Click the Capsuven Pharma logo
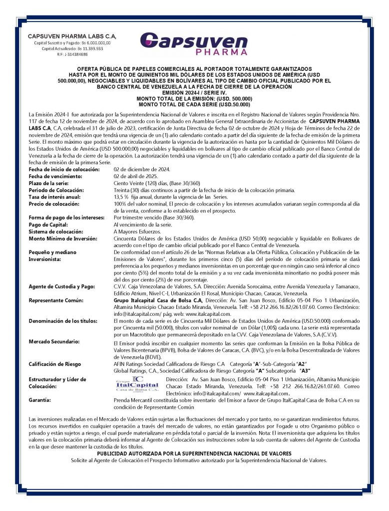pos(194,43)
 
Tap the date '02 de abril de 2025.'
pos(136,176)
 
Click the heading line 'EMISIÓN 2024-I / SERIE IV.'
pos(194,93)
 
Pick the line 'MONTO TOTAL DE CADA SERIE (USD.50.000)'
pos(194,104)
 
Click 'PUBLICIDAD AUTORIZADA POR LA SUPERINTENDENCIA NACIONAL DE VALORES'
pos(194,454)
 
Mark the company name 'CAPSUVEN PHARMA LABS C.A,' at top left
pos(72,36)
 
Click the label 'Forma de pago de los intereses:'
pos(66,218)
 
